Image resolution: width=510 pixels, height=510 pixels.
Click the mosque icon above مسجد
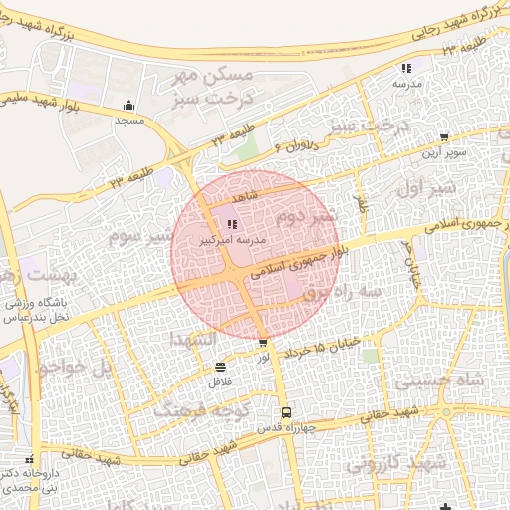click(128, 106)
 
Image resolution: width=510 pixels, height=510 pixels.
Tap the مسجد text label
click(128, 120)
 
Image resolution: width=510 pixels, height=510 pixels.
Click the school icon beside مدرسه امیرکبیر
click(233, 225)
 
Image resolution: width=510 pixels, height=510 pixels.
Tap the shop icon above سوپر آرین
click(444, 138)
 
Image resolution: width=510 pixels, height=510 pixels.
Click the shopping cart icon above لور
click(263, 344)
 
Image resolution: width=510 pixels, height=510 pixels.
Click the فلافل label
click(219, 381)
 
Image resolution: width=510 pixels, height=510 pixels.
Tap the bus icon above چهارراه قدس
click(287, 412)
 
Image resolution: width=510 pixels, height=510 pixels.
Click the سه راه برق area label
click(344, 293)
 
